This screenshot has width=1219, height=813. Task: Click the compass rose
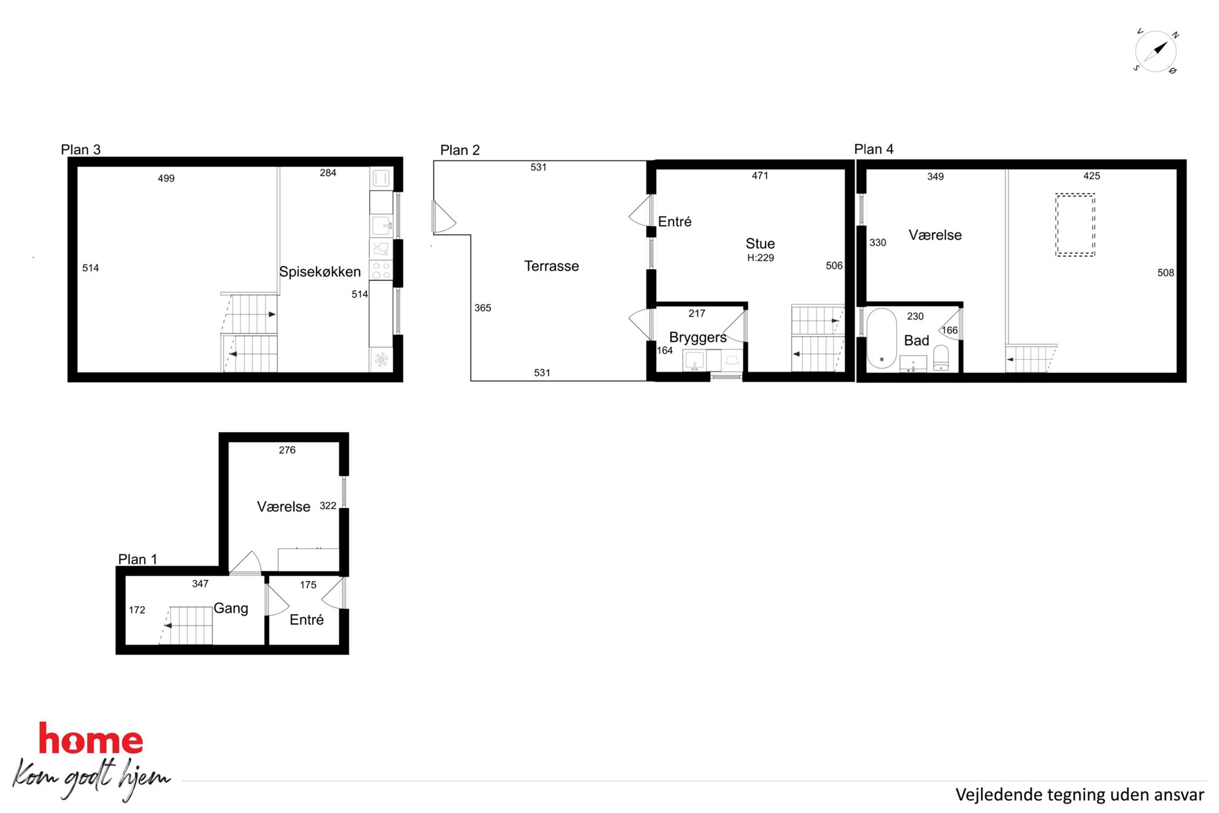click(1155, 51)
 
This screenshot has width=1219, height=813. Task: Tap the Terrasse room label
click(551, 266)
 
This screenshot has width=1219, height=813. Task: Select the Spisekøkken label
click(319, 272)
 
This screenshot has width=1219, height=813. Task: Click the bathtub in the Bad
click(882, 339)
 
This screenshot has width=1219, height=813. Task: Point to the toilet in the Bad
click(941, 358)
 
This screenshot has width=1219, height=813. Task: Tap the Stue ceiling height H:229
click(760, 258)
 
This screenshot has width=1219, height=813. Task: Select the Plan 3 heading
click(80, 149)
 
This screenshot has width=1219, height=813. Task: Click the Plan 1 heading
click(138, 559)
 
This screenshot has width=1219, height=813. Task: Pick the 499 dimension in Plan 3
click(166, 179)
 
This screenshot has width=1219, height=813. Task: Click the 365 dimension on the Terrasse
click(482, 308)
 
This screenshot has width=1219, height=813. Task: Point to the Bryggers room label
click(698, 337)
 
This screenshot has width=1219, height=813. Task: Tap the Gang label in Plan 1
click(231, 608)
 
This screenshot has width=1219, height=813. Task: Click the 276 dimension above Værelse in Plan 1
click(287, 450)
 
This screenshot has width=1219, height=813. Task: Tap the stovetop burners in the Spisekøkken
click(381, 270)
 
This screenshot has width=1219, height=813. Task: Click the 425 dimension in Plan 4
click(1091, 176)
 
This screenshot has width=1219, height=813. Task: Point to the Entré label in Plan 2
click(675, 222)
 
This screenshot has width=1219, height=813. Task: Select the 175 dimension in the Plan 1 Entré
click(308, 585)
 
